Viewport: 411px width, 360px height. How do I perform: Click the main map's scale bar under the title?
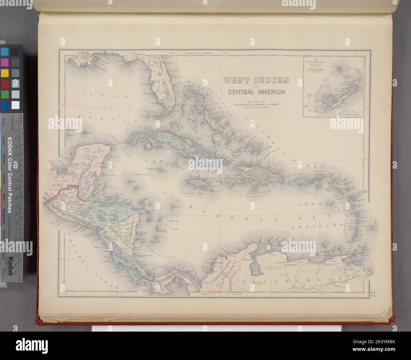(256, 103)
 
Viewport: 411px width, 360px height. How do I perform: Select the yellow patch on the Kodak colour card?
(5, 73)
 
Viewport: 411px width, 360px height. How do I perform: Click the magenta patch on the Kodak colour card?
(5, 62)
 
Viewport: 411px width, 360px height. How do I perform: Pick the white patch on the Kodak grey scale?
(15, 105)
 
